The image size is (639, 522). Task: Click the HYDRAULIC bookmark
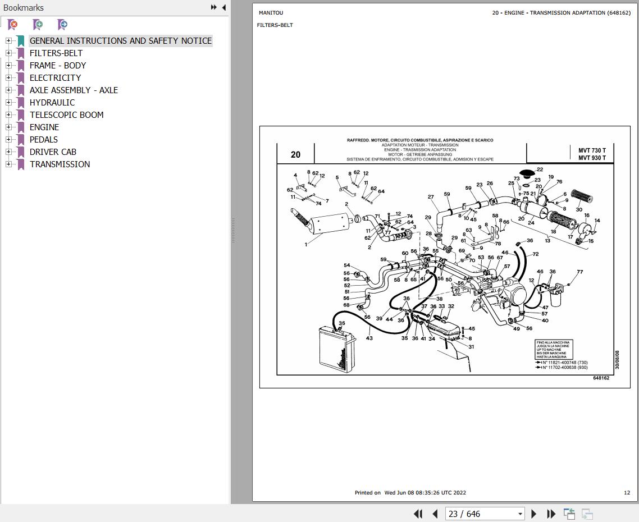tap(52, 102)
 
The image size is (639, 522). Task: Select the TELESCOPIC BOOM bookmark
tap(66, 115)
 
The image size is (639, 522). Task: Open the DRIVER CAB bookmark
tap(53, 152)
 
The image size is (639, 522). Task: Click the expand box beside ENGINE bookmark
tap(8, 127)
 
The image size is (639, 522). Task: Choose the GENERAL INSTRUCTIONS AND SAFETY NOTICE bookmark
tap(120, 40)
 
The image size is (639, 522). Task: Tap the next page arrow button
tap(534, 514)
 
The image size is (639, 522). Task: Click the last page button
tap(551, 514)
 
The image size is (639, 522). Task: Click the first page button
tap(418, 514)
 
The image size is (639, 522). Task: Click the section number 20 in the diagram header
tap(295, 154)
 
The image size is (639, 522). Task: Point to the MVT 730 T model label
tap(592, 150)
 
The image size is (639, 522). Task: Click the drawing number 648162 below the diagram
tap(601, 378)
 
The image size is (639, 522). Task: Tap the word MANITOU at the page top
tap(271, 12)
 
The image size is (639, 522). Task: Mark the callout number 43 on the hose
tap(369, 338)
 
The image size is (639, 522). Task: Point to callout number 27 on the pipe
tap(431, 197)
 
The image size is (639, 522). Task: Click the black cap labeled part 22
tap(527, 172)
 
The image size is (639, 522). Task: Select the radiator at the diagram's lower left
tap(337, 348)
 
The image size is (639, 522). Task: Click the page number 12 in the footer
tap(627, 493)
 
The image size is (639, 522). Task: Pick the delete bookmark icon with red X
tap(12, 24)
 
